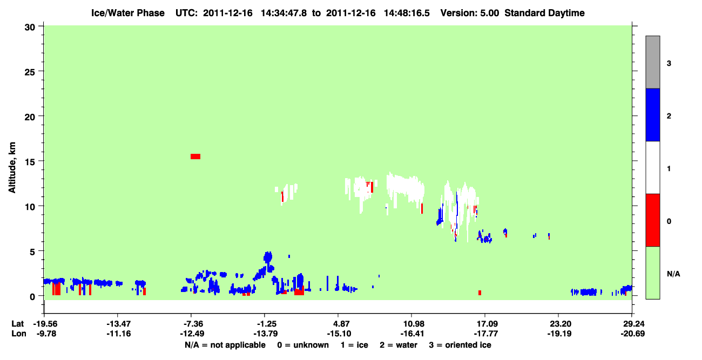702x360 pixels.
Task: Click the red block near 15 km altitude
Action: pyautogui.click(x=195, y=157)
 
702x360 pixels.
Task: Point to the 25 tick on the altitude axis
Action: pyautogui.click(x=40, y=71)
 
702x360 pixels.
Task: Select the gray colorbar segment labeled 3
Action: pyautogui.click(x=652, y=62)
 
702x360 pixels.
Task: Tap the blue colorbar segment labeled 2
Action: pyautogui.click(x=652, y=114)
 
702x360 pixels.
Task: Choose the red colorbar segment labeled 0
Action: pyautogui.click(x=652, y=220)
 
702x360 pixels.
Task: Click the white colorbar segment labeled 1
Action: pyautogui.click(x=652, y=167)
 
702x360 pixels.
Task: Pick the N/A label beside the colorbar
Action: pyautogui.click(x=673, y=274)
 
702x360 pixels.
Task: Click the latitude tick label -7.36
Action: pyautogui.click(x=193, y=324)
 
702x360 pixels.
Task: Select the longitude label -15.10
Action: pyautogui.click(x=339, y=334)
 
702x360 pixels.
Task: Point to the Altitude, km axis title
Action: pyautogui.click(x=12, y=167)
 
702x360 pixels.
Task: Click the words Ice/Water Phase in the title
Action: pyautogui.click(x=128, y=13)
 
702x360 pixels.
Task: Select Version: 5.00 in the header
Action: pyautogui.click(x=469, y=13)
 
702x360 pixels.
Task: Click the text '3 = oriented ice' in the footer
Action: pyautogui.click(x=460, y=345)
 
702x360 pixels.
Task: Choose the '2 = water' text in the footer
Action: pyautogui.click(x=399, y=345)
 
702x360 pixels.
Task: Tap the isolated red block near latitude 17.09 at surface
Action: pyautogui.click(x=480, y=293)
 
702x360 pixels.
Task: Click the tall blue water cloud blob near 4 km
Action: pyautogui.click(x=268, y=257)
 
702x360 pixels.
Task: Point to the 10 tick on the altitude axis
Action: pyautogui.click(x=40, y=206)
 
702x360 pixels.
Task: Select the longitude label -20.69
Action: pyautogui.click(x=633, y=334)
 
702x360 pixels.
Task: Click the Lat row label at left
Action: pyautogui.click(x=17, y=324)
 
